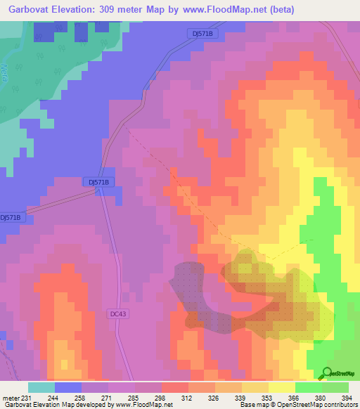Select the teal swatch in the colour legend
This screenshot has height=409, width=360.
(x=41, y=387)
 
